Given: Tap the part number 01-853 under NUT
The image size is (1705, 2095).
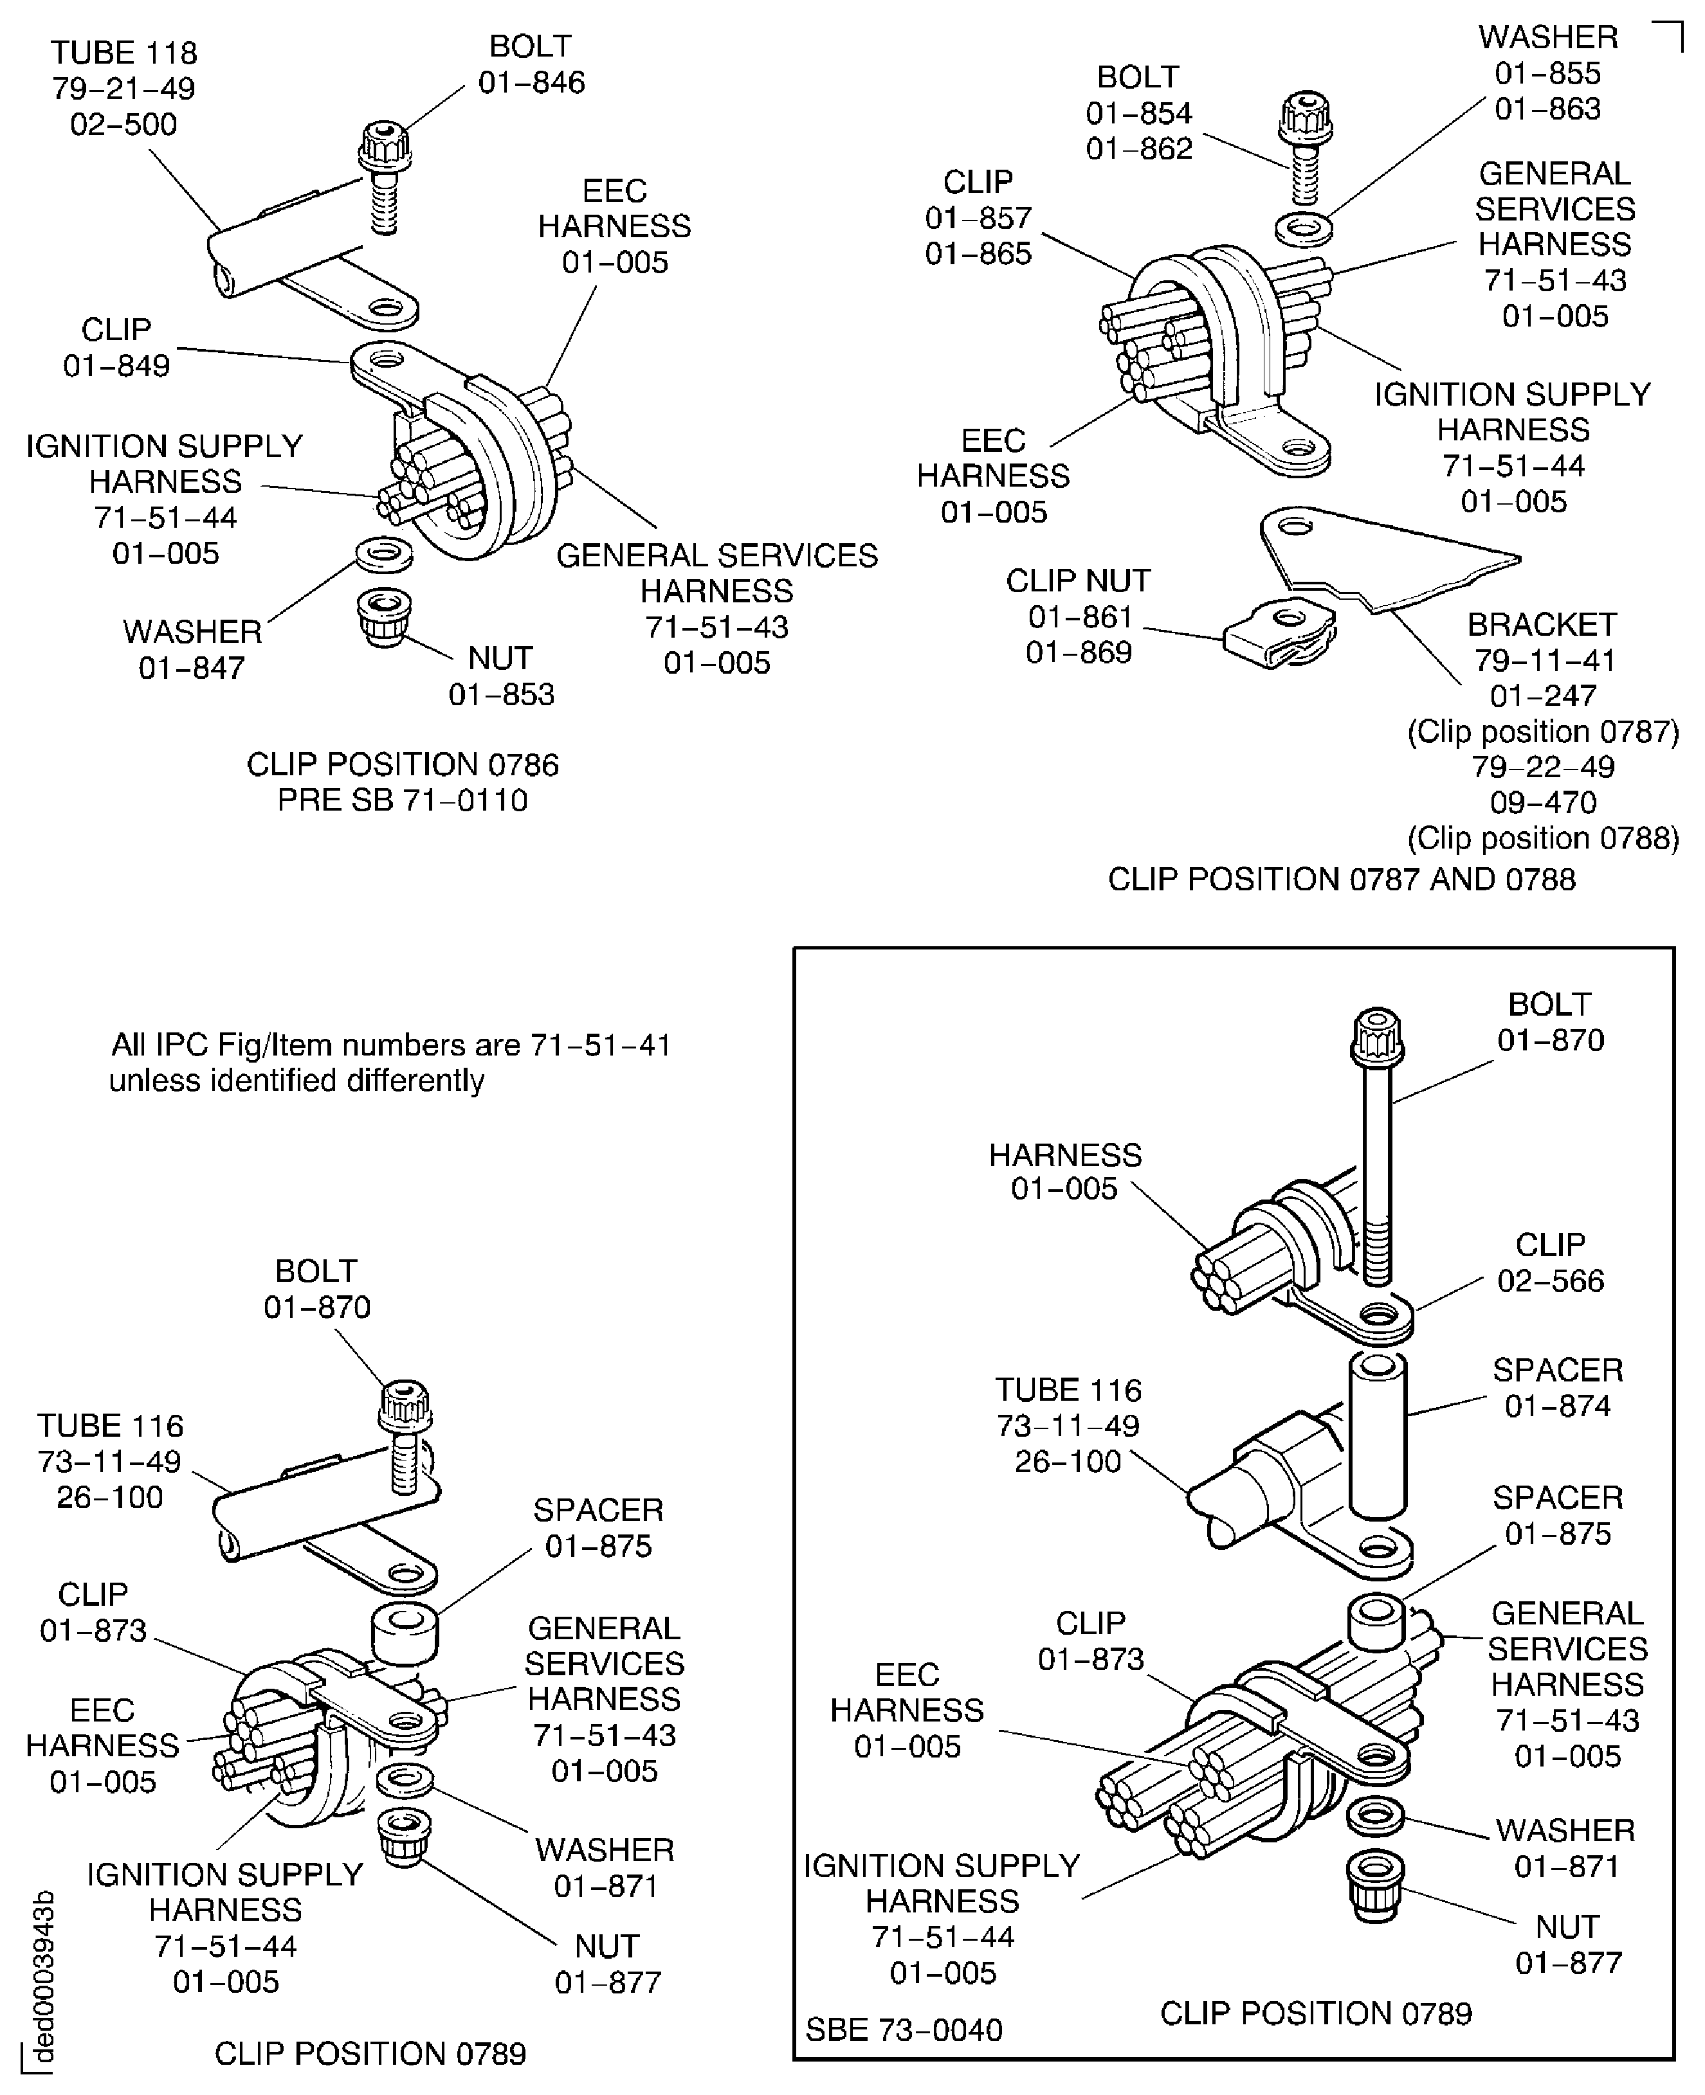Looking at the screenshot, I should (501, 694).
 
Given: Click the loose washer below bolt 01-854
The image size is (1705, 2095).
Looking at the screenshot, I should (1303, 229).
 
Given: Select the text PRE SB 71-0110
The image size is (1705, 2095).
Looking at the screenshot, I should (403, 800).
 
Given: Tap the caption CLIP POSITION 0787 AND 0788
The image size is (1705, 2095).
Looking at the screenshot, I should (1342, 879).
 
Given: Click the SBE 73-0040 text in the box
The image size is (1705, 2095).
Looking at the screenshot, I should (904, 2029).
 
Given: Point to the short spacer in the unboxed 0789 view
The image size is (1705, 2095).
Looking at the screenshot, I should (405, 1635).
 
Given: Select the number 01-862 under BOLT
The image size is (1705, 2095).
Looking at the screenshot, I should (1138, 148).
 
